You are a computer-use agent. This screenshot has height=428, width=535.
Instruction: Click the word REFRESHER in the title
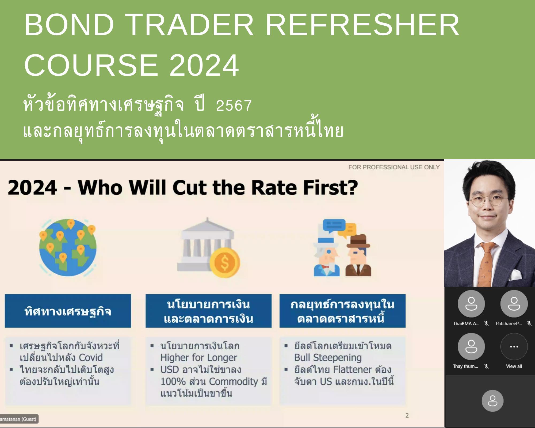(362, 25)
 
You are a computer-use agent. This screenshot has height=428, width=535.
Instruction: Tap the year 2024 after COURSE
(204, 65)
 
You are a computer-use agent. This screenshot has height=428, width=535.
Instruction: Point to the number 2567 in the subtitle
(234, 105)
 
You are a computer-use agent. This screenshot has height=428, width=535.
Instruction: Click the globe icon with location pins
(68, 247)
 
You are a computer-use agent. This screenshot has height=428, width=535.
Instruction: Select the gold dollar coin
(225, 262)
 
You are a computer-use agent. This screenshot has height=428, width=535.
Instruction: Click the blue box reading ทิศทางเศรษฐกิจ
(68, 311)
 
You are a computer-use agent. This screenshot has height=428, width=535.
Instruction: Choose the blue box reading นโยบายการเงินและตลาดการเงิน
(209, 311)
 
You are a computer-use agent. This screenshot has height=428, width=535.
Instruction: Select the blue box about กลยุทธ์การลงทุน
(343, 311)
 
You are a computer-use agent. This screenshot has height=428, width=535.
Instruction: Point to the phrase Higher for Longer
(199, 358)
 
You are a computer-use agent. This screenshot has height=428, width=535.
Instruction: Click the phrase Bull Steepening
(328, 358)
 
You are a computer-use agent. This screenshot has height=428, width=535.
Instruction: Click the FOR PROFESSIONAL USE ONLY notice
(394, 167)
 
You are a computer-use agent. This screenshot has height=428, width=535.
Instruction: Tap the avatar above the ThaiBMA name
(471, 304)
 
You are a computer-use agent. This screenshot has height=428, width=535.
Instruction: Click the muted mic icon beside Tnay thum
(487, 366)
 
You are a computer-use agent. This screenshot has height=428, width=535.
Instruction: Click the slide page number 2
(407, 415)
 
